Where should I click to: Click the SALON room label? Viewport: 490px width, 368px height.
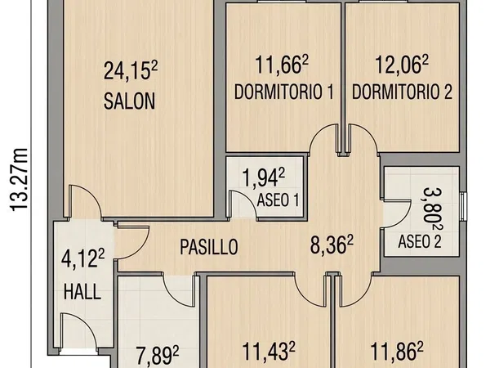coord(129,101)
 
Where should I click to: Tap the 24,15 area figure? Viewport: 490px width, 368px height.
coord(131,71)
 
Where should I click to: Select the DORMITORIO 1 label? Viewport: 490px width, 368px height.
coord(283,92)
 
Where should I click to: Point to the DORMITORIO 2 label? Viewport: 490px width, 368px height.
coord(402,92)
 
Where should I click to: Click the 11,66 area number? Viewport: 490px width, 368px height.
coord(282,65)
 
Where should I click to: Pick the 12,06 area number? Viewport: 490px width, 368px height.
coord(402,65)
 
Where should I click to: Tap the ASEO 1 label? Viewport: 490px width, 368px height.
coord(278,200)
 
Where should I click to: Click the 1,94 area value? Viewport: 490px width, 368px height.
coord(264,178)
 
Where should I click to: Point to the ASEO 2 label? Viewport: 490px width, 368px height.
coord(420,241)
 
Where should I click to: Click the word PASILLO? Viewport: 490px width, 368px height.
coord(209,247)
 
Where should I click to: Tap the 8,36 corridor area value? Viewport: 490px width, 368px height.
coord(332,245)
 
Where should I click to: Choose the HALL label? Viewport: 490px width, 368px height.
coord(82,292)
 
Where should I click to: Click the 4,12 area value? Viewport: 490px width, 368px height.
coord(82,258)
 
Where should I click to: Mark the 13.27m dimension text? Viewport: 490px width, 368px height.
coord(19,180)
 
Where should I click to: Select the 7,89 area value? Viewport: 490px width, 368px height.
coord(158,356)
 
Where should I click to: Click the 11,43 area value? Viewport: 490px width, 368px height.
coord(269,352)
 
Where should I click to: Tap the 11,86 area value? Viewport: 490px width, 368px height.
coord(397,352)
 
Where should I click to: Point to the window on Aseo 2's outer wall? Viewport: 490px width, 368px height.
coord(464,207)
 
